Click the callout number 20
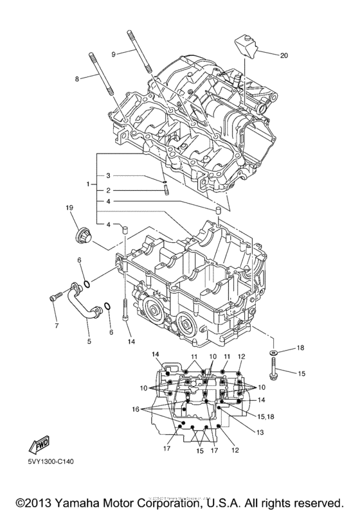[x=283, y=56]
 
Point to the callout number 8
[x=76, y=79]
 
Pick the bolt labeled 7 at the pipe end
[x=54, y=297]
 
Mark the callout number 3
[x=109, y=175]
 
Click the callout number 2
[x=109, y=190]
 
